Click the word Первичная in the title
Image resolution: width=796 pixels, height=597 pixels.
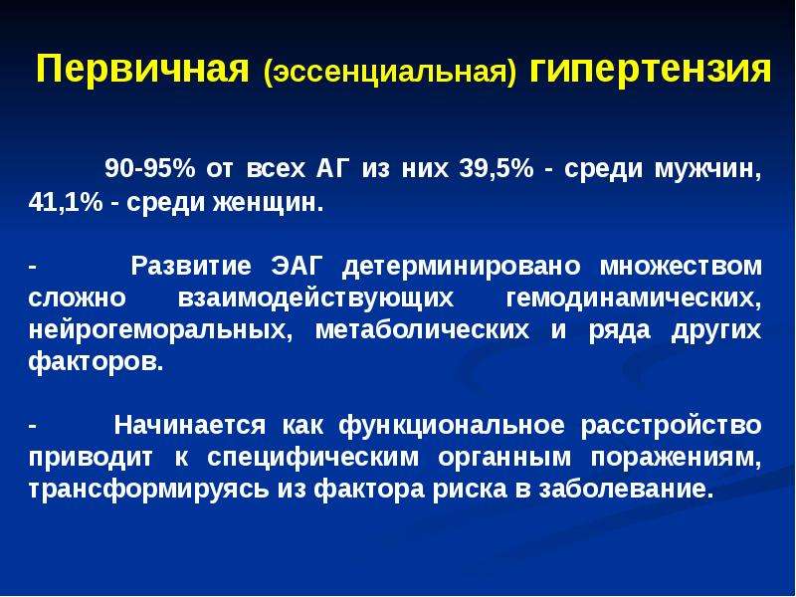click(142, 69)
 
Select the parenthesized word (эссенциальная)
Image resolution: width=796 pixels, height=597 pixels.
click(390, 73)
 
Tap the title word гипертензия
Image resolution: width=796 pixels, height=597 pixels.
click(651, 70)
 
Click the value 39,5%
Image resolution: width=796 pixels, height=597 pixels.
click(496, 169)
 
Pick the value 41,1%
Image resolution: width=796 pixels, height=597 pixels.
click(66, 203)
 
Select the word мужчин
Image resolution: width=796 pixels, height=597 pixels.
click(708, 170)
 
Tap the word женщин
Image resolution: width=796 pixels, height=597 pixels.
click(268, 204)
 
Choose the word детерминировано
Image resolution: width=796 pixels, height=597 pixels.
click(461, 267)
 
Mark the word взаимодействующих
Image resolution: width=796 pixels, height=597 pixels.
click(315, 299)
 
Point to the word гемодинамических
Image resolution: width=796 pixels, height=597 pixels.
click(634, 299)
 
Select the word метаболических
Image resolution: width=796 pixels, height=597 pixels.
click(422, 330)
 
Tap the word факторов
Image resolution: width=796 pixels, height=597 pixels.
click(97, 362)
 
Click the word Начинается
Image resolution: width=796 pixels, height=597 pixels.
click(189, 425)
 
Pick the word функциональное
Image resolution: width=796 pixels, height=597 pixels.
click(452, 426)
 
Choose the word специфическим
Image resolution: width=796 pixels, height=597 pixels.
click(313, 458)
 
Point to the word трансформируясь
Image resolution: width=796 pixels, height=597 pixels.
click(148, 490)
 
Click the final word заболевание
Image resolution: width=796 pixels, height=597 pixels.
click(623, 489)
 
